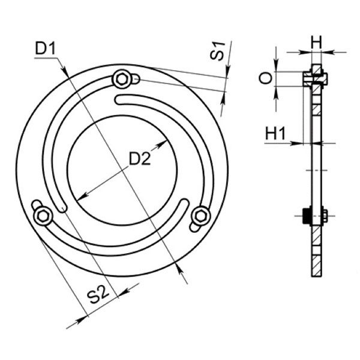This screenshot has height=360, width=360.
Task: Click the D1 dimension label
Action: pos(46,49)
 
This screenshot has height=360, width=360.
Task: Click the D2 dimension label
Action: pos(140,158)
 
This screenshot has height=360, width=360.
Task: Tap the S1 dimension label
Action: pos(217,51)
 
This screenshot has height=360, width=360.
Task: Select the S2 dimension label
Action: pos(98,295)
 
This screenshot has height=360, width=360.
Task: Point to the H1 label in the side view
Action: pos(275,133)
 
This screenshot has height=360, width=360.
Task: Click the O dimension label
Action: pos(266,78)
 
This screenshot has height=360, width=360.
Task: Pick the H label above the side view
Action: pos(317,42)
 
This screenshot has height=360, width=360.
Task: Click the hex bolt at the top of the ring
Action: pos(121,79)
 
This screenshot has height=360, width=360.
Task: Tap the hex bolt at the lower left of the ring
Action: pos(43,216)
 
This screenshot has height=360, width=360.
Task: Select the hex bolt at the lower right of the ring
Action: pos(201,216)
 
